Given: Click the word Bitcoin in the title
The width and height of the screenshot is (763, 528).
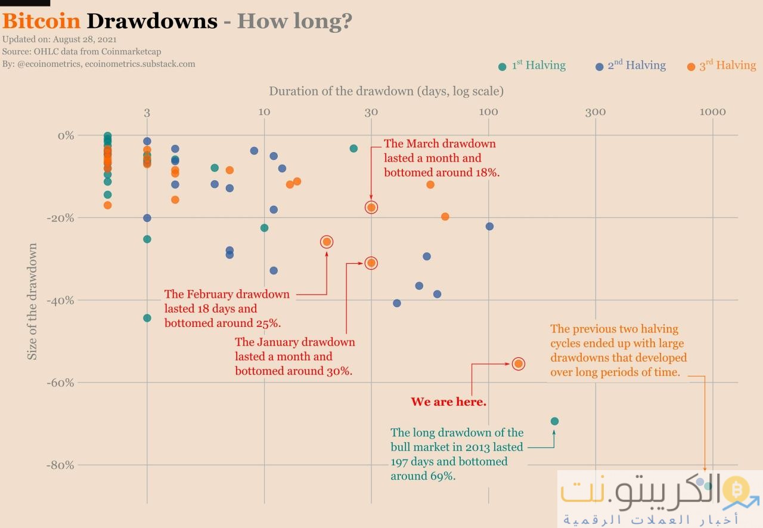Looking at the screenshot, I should [41, 21].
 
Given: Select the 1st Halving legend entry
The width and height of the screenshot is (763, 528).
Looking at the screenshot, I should [532, 66].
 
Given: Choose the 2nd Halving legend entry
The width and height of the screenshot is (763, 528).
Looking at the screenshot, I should [631, 66].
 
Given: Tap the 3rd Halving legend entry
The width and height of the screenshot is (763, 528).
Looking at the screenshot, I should [722, 66].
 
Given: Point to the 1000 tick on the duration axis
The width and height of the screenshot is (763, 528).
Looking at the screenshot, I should [712, 112].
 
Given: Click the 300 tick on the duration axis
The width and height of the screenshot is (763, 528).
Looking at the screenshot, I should [595, 112].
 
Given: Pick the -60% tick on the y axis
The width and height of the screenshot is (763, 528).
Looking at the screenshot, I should [60, 382].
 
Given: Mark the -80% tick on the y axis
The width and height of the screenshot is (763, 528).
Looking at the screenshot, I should [60, 465].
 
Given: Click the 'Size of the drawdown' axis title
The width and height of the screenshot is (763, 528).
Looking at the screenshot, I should [33, 301].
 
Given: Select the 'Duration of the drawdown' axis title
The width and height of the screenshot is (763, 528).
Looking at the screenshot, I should [386, 91].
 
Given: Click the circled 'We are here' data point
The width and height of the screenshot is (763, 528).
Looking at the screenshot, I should [519, 364].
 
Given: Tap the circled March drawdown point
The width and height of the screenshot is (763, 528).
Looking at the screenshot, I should [371, 208].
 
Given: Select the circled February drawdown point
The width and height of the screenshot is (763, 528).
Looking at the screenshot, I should [327, 242].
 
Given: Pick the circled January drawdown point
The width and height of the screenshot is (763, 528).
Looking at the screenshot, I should [371, 263].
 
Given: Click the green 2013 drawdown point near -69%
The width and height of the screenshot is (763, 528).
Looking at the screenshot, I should [554, 421].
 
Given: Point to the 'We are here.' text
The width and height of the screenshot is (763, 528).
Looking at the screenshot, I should [448, 402].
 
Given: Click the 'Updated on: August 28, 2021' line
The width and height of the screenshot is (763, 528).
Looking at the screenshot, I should [50, 40].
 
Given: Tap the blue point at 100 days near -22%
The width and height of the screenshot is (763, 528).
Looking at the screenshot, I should [489, 226].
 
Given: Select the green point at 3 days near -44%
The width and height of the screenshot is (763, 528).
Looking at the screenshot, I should [147, 318].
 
